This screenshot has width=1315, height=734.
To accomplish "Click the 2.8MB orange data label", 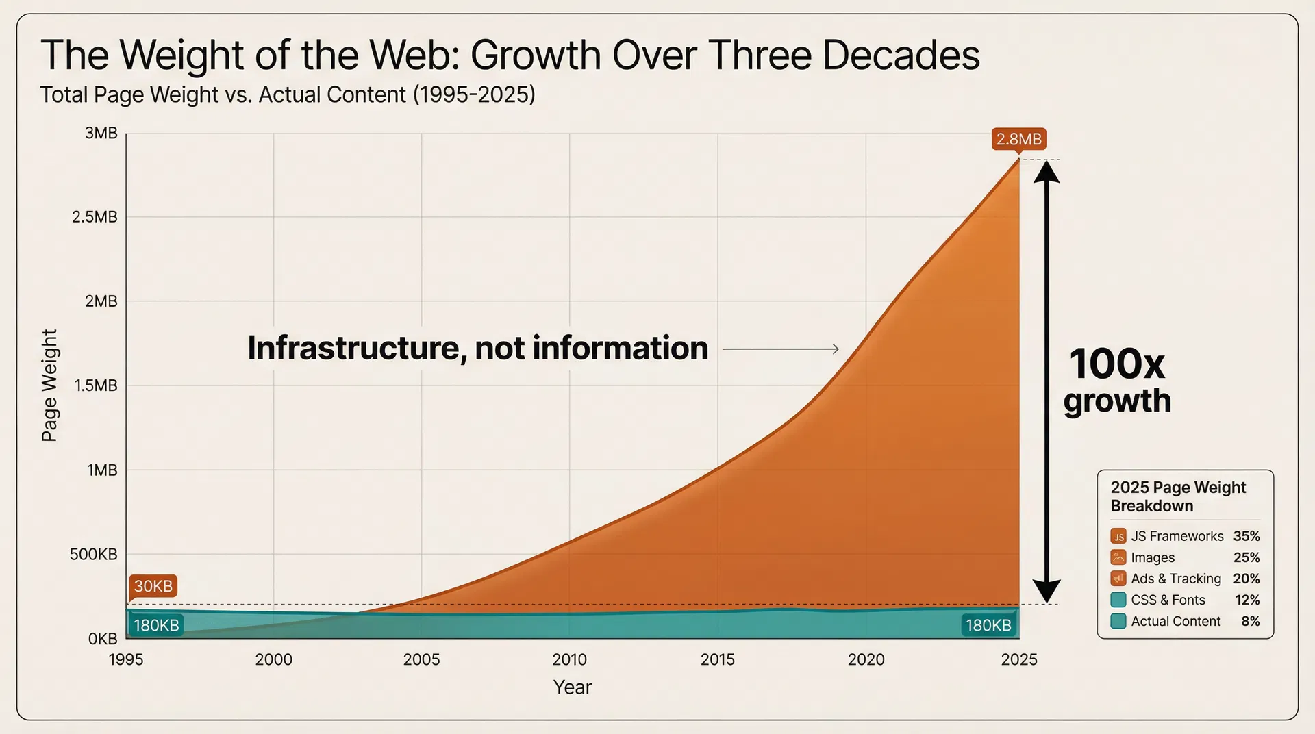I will [1018, 139].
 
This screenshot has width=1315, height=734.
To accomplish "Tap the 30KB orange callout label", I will [153, 586].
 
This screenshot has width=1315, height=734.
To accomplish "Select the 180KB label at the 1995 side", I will [156, 625].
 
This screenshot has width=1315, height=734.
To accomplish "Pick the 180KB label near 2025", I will [988, 625].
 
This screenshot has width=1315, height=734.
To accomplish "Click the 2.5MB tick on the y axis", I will [95, 217].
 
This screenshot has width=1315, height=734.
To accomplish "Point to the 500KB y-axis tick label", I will [93, 554].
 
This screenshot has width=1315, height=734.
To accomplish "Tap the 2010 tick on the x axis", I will [569, 659].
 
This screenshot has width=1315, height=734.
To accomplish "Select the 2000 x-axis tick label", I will [273, 659].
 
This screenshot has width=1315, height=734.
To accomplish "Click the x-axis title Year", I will [572, 687].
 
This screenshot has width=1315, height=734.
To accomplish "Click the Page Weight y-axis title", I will [49, 385].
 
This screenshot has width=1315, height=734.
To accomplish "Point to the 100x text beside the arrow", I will [1116, 364].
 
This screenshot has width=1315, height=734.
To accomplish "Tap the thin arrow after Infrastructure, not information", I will [781, 349].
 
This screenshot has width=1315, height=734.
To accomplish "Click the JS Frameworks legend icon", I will [1118, 536].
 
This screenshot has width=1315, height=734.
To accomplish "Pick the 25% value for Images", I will [1247, 557].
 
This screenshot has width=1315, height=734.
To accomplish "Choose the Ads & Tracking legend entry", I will [1175, 579].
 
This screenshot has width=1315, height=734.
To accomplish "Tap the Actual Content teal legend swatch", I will [1118, 621].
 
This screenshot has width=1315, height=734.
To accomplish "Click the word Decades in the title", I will [901, 55].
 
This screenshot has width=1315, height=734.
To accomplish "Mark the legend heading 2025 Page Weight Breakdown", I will [1178, 496].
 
